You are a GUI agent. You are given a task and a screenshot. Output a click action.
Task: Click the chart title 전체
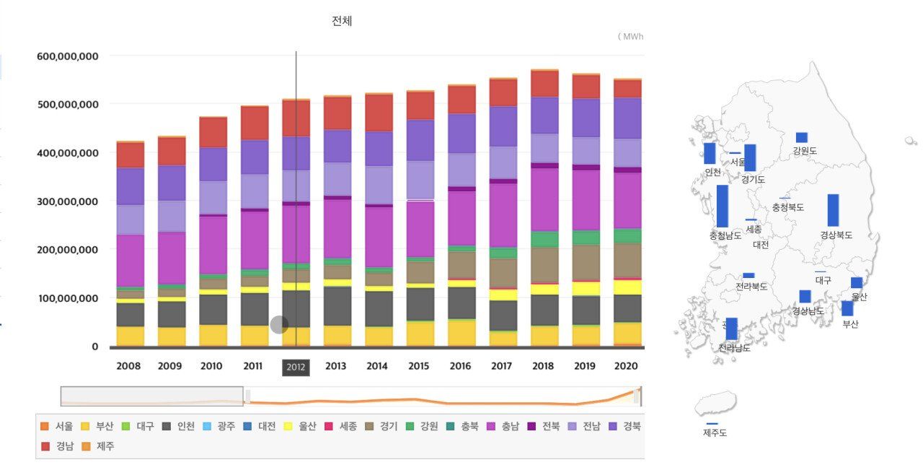[342, 21]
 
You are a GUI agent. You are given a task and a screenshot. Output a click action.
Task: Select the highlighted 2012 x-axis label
[296, 367]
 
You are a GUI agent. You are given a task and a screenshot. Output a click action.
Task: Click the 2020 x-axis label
[627, 366]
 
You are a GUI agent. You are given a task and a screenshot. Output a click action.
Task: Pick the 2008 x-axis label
[128, 366]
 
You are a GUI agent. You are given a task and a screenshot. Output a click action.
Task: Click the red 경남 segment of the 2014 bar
[377, 113]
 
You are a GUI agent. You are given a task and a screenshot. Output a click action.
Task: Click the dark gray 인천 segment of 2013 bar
[337, 306]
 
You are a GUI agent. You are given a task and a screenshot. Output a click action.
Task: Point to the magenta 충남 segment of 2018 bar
[543, 199]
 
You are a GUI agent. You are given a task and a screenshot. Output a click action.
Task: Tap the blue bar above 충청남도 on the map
[722, 206]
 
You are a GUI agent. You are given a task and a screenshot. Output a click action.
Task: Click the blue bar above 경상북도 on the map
[833, 210]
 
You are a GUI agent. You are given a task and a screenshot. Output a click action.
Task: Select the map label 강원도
[804, 151]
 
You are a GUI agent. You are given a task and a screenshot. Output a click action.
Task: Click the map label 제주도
[715, 433]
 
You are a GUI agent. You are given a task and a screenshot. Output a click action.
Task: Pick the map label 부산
[850, 324]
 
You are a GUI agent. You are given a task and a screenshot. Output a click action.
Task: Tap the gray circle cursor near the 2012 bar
[279, 325]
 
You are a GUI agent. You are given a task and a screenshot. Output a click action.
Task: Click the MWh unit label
[632, 36]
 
